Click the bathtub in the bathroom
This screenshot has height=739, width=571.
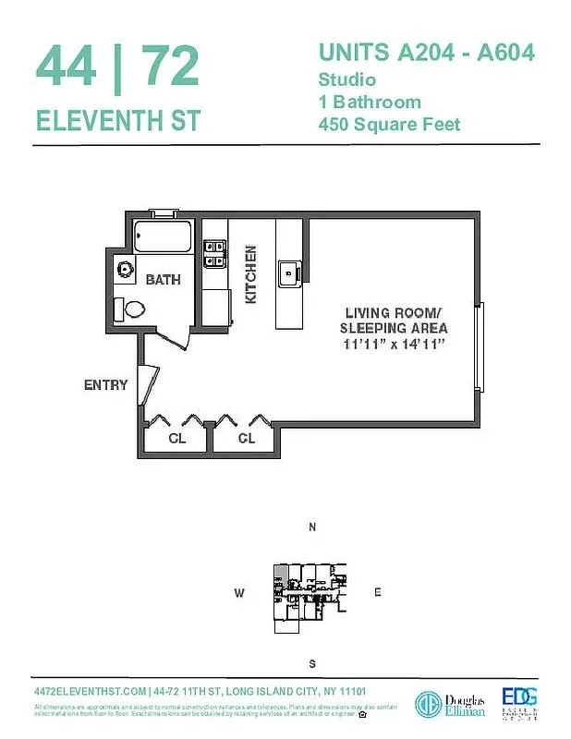click(163, 236)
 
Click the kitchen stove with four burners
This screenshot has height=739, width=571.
click(214, 253)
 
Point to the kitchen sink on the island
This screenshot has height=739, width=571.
click(288, 273)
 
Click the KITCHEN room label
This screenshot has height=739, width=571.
click(249, 274)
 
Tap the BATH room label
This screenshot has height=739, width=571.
click(163, 279)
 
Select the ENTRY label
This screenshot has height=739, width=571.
click(105, 384)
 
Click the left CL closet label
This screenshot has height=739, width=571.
click(176, 438)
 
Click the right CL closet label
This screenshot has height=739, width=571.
click(246, 438)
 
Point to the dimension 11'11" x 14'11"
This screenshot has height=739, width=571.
click(395, 344)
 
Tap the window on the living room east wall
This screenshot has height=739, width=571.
click(478, 347)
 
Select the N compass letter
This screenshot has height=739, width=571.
click(312, 527)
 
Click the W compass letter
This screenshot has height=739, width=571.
click(238, 594)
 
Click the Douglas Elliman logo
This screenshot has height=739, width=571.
click(443, 700)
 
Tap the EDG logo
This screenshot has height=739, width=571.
click(519, 700)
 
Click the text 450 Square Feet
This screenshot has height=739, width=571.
click(389, 124)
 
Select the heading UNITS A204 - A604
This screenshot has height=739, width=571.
click(426, 53)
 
